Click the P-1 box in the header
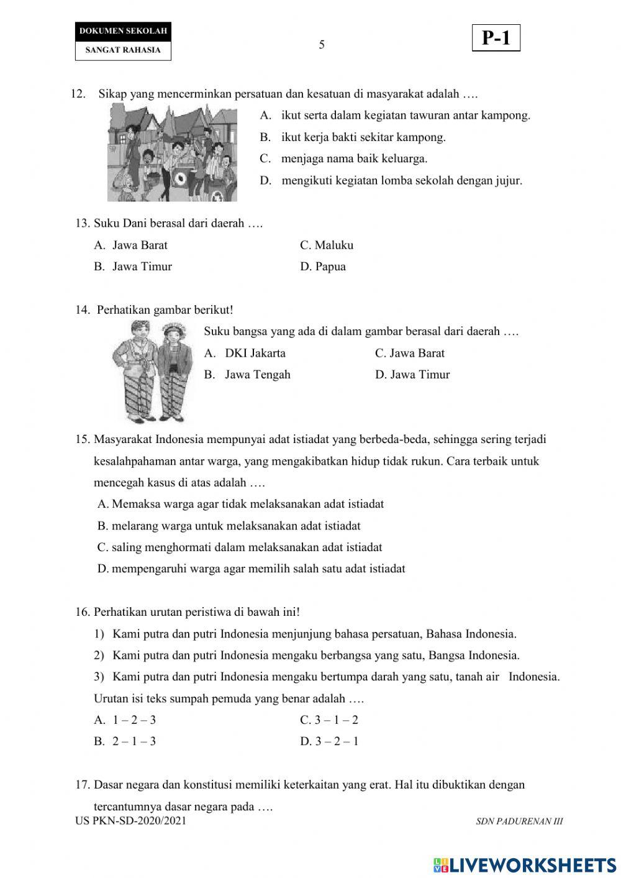tap(496, 39)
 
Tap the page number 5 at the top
tap(322, 45)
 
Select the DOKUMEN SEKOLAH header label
tap(123, 31)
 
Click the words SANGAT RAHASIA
tap(123, 50)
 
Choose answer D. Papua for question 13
tap(323, 267)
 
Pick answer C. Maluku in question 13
tap(327, 245)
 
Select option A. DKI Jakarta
tap(245, 354)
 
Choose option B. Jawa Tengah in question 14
tap(248, 375)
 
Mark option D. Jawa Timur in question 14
tap(412, 375)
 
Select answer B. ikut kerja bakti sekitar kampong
tap(353, 137)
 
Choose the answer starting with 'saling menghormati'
tap(240, 547)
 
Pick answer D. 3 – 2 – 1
tap(329, 741)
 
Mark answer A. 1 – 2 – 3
tap(125, 720)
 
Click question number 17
tap(83, 785)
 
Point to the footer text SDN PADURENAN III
tap(519, 821)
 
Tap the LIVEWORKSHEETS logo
tap(524, 864)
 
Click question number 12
tap(78, 94)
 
